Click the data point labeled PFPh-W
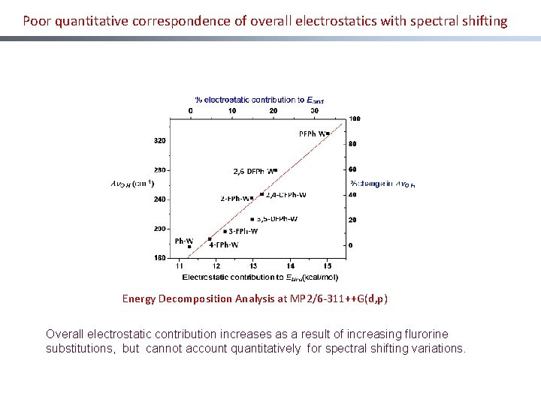[328, 134]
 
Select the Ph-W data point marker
[189, 246]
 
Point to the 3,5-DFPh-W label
[277, 219]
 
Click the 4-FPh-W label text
[224, 244]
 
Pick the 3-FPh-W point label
[243, 231]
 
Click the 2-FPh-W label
[234, 199]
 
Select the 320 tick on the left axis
[159, 140]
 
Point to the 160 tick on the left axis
[159, 257]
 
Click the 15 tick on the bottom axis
[328, 265]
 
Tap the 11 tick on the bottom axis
[180, 265]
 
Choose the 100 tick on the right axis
[355, 118]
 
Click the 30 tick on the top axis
[314, 110]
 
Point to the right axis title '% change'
[382, 184]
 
